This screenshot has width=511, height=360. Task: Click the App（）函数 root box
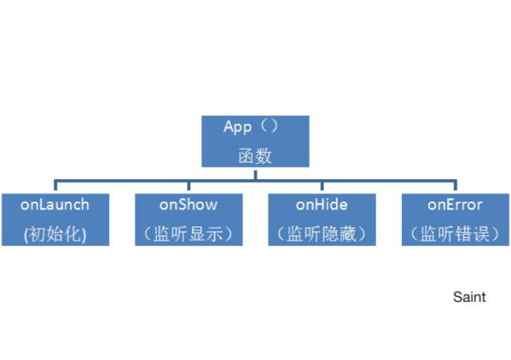255,141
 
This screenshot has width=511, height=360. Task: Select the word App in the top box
237,127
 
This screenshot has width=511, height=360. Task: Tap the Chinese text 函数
255,155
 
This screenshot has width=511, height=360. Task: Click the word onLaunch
55,205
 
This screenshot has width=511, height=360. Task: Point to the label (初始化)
55,234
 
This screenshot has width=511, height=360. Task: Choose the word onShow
189,205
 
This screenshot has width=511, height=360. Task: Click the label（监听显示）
189,234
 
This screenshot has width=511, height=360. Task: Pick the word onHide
322,205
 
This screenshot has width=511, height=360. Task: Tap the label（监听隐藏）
322,234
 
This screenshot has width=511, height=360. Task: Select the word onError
455,205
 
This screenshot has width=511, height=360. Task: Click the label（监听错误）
455,234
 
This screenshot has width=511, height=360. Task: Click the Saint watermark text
470,297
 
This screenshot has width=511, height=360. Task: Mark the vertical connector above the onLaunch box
56,186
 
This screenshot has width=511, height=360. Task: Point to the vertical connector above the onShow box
189,186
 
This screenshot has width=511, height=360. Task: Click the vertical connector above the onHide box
322,186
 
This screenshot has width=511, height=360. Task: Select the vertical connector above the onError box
455,186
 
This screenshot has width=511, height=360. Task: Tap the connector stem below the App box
255,174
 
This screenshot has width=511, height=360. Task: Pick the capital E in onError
447,205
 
